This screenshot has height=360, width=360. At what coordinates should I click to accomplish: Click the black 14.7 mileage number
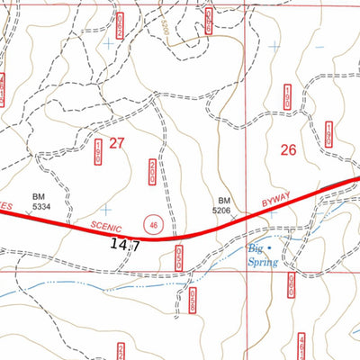pos(126,244)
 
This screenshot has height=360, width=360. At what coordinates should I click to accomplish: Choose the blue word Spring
pos(264,262)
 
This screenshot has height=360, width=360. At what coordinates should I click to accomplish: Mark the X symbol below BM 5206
pos(235,217)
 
